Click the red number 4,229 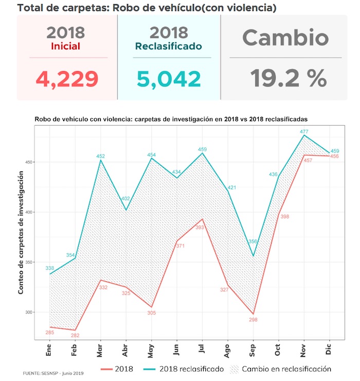[67, 79]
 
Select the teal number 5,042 [169, 79]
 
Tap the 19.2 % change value [289, 79]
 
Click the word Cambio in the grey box [285, 38]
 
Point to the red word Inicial [66, 46]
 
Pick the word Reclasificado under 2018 [168, 46]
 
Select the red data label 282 [75, 335]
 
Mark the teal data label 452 [101, 155]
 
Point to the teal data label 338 [49, 268]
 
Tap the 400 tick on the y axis [29, 212]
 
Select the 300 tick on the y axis [29, 312]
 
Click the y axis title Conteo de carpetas [22, 233]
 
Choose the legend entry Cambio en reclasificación [287, 369]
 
